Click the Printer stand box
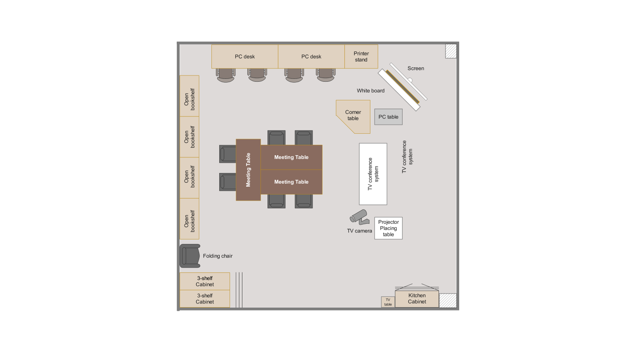(361, 57)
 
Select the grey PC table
(389, 117)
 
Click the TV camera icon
(359, 217)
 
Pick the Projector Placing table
(389, 228)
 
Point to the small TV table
(388, 302)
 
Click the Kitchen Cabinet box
(417, 299)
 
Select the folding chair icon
(190, 256)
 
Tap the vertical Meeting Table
(248, 170)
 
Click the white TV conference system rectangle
(373, 174)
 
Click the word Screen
(415, 69)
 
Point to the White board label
(370, 91)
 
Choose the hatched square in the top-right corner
(451, 51)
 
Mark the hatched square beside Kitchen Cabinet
(448, 301)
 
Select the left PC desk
(245, 57)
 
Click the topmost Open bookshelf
(190, 96)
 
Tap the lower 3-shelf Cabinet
(205, 299)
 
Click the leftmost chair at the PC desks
(225, 76)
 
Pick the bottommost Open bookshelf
(190, 219)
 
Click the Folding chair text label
(218, 256)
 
